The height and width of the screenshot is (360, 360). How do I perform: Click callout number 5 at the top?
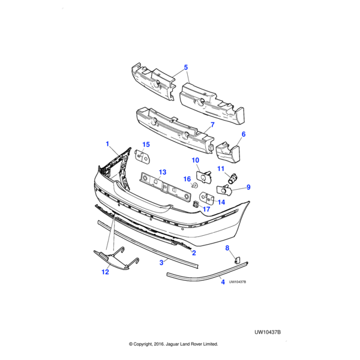tap(185, 67)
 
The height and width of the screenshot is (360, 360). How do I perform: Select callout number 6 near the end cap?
tap(244, 134)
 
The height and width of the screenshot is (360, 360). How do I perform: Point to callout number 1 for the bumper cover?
tap(107, 144)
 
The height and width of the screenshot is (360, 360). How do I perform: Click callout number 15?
tap(146, 145)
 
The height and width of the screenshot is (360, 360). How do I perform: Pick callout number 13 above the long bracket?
tap(162, 172)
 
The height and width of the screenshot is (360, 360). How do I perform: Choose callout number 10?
tap(196, 160)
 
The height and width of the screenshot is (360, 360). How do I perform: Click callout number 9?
tap(248, 187)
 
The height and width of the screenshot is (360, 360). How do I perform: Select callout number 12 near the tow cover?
tap(105, 272)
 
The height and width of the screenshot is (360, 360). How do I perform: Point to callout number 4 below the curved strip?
tap(223, 281)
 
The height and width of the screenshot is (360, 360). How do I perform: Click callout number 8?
tap(227, 248)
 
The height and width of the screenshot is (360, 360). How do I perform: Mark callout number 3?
tap(162, 262)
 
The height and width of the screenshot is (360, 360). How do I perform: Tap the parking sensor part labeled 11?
tap(233, 177)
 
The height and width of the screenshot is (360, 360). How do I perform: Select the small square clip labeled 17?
tap(196, 205)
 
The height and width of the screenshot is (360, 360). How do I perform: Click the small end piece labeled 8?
tap(236, 260)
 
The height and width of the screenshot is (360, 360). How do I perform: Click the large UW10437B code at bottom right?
tap(268, 331)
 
